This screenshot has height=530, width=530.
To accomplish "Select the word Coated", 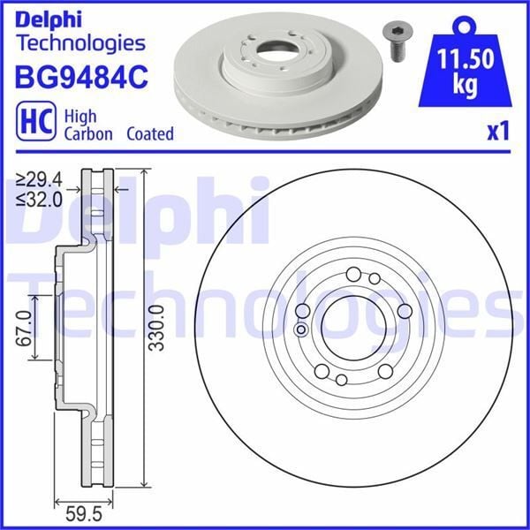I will (x=149, y=134).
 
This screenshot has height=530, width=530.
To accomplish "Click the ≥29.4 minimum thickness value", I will (x=36, y=181).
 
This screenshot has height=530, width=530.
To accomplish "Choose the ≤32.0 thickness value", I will (x=36, y=199).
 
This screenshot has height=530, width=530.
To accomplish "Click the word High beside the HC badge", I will (x=81, y=115).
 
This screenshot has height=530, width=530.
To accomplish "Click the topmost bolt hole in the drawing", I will (x=353, y=273).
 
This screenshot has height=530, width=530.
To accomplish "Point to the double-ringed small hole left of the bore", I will (x=300, y=330).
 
